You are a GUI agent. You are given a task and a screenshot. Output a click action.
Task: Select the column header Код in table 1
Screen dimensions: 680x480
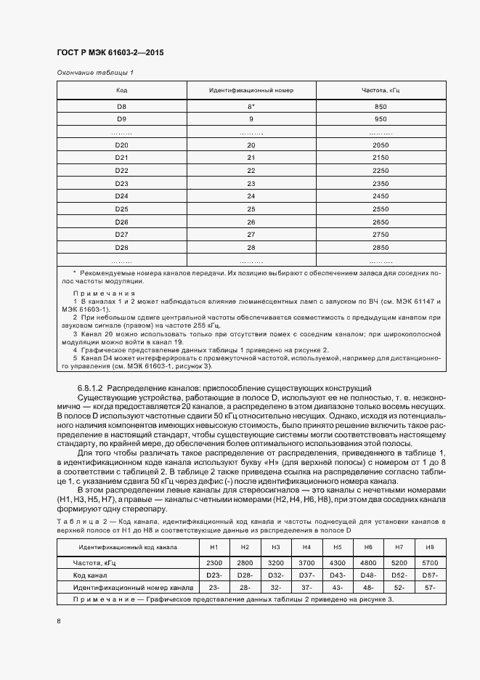(121, 90)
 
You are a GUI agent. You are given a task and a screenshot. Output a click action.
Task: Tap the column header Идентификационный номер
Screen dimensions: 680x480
(251, 90)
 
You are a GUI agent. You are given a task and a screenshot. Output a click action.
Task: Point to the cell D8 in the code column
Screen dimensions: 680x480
(121, 107)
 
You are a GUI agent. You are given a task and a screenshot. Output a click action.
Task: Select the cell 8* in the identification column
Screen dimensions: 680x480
(251, 107)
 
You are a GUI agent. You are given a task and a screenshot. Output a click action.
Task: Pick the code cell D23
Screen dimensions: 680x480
(121, 183)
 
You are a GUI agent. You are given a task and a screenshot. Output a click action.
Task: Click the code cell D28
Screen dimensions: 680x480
(121, 248)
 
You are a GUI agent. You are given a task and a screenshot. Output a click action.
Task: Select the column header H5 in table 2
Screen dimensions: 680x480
(337, 546)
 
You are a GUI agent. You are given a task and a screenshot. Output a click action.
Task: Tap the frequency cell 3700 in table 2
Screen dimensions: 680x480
(306, 563)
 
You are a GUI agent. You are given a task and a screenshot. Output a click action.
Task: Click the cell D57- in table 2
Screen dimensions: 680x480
(428, 575)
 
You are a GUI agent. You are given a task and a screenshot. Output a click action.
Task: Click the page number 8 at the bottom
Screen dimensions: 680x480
(59, 621)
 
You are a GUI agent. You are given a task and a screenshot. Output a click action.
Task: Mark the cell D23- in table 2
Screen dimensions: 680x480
(214, 575)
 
